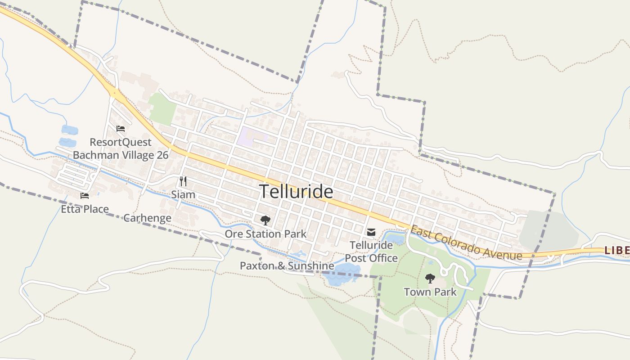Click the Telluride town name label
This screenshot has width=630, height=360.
[x=296, y=192]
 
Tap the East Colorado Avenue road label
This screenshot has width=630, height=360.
[x=466, y=243]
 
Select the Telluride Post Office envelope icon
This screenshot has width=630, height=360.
[x=371, y=232]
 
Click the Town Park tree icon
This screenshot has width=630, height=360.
[x=430, y=279]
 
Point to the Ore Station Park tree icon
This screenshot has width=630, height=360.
[x=265, y=220]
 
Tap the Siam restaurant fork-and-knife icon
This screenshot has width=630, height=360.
[x=183, y=181]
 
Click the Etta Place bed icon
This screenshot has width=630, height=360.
[x=85, y=196]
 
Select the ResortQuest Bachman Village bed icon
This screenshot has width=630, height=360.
[x=121, y=129]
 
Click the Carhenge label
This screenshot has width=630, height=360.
[x=147, y=218]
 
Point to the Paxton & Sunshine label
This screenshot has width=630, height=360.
[x=287, y=266]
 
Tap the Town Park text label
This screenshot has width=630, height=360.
[x=430, y=292]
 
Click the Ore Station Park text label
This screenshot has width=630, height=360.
[x=265, y=234]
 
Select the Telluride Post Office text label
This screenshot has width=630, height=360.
[x=371, y=252]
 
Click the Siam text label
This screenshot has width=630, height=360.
[x=183, y=194]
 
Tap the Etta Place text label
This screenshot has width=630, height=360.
[x=85, y=209]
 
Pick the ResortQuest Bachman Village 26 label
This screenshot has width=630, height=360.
[x=121, y=149]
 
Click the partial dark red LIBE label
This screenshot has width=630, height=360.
[x=616, y=250]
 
